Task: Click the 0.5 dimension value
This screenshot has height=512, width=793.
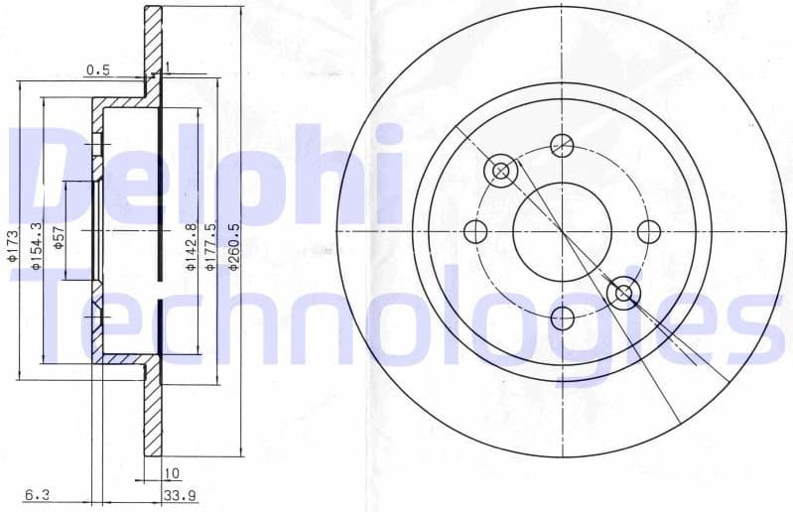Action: click(97, 69)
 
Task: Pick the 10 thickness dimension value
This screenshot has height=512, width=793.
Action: click(172, 474)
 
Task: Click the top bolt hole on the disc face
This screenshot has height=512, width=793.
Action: click(562, 145)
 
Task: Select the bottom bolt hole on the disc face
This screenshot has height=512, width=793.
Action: click(562, 319)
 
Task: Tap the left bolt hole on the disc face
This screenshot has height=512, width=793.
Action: click(475, 232)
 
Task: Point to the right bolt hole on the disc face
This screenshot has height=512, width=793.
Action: click(648, 232)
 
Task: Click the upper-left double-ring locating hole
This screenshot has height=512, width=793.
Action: click(500, 172)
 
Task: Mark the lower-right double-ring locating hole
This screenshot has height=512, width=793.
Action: click(623, 293)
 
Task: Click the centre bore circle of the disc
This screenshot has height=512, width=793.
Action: click(562, 232)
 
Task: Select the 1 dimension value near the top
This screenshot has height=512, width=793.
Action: click(167, 67)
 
